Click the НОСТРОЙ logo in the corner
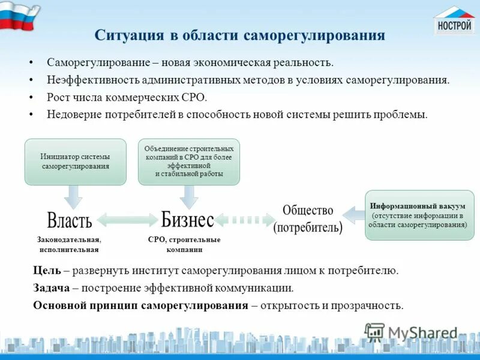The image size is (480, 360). (454, 21)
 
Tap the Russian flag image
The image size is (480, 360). (20, 17)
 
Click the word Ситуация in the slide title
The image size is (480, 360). (130, 35)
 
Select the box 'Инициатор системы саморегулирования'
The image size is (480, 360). (75, 161)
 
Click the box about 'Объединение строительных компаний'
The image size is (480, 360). (188, 161)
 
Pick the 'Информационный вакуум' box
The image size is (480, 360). (419, 215)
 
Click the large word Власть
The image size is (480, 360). (69, 220)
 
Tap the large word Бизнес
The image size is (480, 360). (187, 220)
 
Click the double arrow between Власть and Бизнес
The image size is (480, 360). (127, 220)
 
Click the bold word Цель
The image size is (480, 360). (47, 271)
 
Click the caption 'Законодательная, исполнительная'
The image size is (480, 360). (69, 244)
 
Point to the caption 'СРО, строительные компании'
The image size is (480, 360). (184, 244)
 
